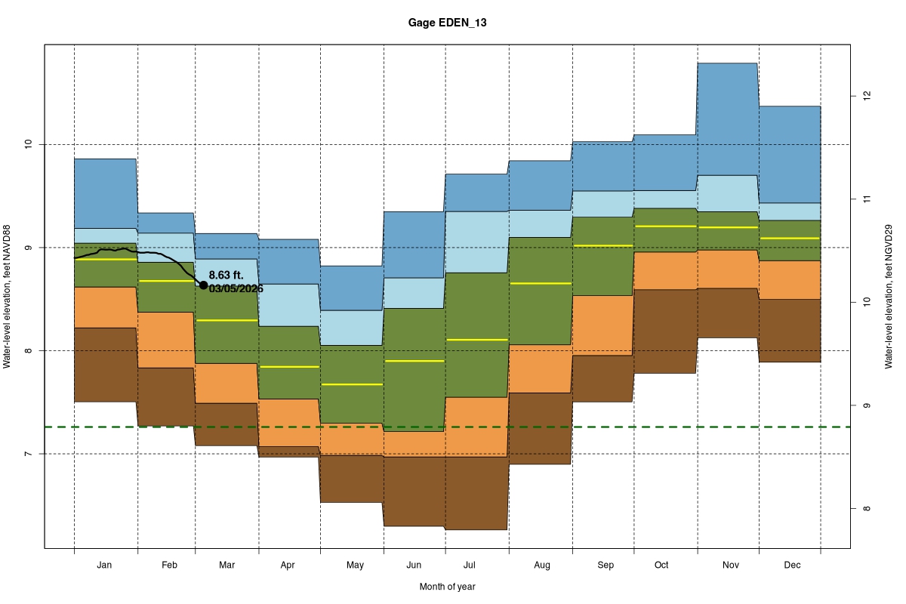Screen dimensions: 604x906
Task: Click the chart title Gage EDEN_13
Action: coord(447,23)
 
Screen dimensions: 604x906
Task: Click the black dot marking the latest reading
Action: coord(203,285)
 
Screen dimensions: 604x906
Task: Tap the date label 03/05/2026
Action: coord(236,288)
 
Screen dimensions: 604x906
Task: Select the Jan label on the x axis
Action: coord(105,565)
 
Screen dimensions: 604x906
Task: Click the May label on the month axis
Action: coord(355,565)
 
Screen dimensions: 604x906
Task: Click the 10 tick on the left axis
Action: coord(28,144)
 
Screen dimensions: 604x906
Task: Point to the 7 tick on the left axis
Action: coord(28,454)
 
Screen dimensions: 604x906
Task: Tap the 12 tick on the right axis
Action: coord(867,97)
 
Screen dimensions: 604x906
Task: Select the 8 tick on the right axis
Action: coord(867,509)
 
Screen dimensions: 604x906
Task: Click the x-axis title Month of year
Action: coord(447,587)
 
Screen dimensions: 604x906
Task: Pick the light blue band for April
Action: coord(289,305)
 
